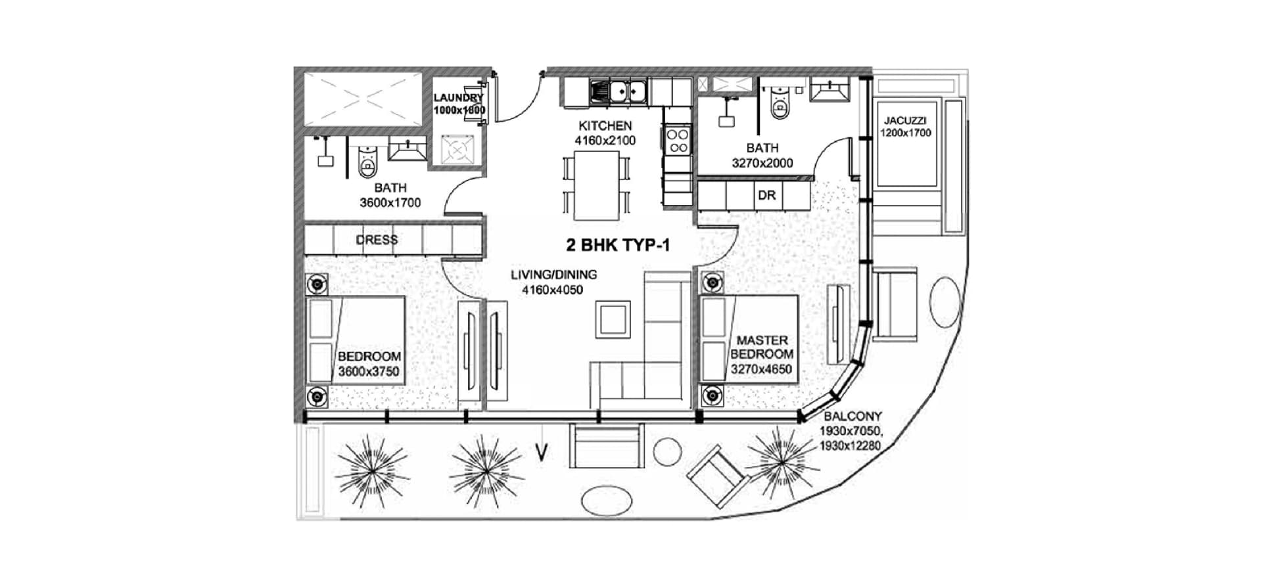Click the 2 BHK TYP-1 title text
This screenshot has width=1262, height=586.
tap(618, 246)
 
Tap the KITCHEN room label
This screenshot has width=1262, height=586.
tap(605, 125)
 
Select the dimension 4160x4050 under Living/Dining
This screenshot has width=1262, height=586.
tap(552, 290)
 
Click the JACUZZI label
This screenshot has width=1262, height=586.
tap(905, 121)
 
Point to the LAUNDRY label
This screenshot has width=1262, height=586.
tap(458, 98)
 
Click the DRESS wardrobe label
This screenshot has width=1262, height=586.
tap(377, 240)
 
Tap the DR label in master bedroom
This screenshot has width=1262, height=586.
tap(766, 195)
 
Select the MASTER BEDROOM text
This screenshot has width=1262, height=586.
tap(762, 347)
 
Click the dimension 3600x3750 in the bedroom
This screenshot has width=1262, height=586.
tap(368, 371)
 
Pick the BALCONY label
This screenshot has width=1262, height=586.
tap(853, 416)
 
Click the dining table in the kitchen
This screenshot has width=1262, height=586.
tap(596, 185)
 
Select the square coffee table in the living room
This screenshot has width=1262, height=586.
tap(613, 319)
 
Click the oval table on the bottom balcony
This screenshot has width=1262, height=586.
tap(609, 501)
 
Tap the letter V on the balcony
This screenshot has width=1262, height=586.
tap(542, 454)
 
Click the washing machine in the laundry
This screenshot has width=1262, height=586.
tap(457, 150)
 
